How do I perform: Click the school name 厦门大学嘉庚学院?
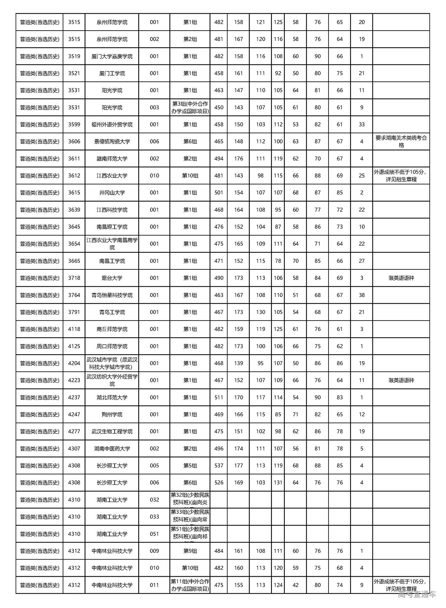point(112,56)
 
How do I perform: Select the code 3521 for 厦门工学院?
point(74,73)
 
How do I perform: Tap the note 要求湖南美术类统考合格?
point(401,142)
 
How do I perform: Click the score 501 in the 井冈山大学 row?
point(218,193)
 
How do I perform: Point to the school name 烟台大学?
point(112,278)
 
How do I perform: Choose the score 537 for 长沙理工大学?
point(218,466)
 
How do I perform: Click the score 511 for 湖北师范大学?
point(218,397)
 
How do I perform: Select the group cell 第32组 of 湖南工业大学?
point(190,500)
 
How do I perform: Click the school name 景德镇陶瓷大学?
point(112,142)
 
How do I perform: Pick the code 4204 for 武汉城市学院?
point(74,363)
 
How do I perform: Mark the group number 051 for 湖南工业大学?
point(154,534)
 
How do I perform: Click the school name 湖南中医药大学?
point(112,449)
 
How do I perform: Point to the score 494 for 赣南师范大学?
point(218,159)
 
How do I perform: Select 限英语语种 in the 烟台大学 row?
point(401,278)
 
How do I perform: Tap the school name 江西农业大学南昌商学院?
point(112,244)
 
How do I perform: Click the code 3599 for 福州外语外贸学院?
point(74,125)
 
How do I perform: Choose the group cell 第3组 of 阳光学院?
point(190,108)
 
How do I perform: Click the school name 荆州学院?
point(112,414)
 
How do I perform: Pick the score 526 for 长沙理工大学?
point(218,483)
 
